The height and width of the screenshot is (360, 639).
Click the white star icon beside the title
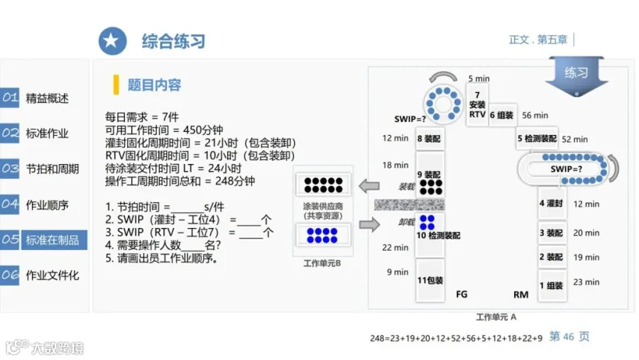tap(112, 41)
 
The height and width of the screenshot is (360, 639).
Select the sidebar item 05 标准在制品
tap(43, 239)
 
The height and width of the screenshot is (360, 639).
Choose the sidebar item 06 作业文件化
tap(40, 276)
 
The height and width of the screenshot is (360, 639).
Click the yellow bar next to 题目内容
tap(116, 84)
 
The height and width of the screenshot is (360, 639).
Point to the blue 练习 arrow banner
tap(577, 76)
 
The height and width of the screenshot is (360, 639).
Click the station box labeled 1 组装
tap(552, 285)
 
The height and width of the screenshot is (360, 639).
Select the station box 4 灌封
tap(552, 203)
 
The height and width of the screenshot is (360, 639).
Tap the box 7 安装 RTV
tap(477, 104)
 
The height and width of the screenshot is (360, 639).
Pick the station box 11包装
tap(430, 280)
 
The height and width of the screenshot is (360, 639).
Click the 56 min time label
tap(535, 115)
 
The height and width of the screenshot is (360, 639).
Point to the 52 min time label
tap(574, 139)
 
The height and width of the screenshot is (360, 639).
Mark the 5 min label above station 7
tap(479, 78)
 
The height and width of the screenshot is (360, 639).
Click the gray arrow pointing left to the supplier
tap(369, 186)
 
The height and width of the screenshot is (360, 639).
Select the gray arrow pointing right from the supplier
tap(370, 224)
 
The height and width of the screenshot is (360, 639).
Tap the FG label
tap(461, 294)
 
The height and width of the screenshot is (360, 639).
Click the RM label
tap(521, 295)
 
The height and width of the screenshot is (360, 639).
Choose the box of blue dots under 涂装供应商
tap(322, 235)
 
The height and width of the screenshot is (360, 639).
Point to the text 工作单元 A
tap(496, 317)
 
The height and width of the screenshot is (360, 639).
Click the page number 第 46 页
tap(569, 337)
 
